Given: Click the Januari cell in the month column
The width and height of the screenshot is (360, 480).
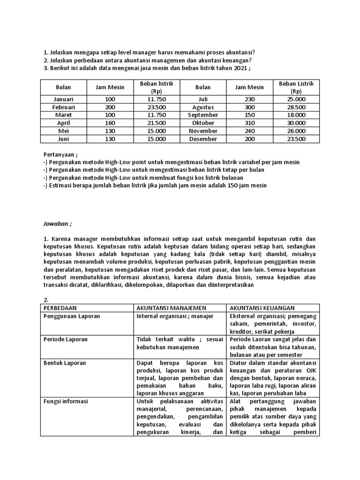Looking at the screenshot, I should [64, 99].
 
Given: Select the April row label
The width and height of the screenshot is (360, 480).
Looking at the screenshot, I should [64, 123].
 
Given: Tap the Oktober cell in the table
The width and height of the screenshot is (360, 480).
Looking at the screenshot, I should [203, 123].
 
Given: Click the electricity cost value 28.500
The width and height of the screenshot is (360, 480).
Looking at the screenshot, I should [296, 107].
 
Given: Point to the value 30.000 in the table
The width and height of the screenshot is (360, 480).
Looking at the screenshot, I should [296, 123].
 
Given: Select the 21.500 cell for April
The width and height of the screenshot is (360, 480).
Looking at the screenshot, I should [157, 123].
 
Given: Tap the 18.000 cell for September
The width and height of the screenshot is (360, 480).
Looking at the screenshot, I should [296, 115].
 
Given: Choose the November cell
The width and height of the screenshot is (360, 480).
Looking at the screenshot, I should [203, 131].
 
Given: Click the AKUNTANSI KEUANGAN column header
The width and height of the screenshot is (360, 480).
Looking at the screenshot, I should [262, 307].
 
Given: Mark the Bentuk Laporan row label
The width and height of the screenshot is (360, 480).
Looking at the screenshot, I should [65, 363].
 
